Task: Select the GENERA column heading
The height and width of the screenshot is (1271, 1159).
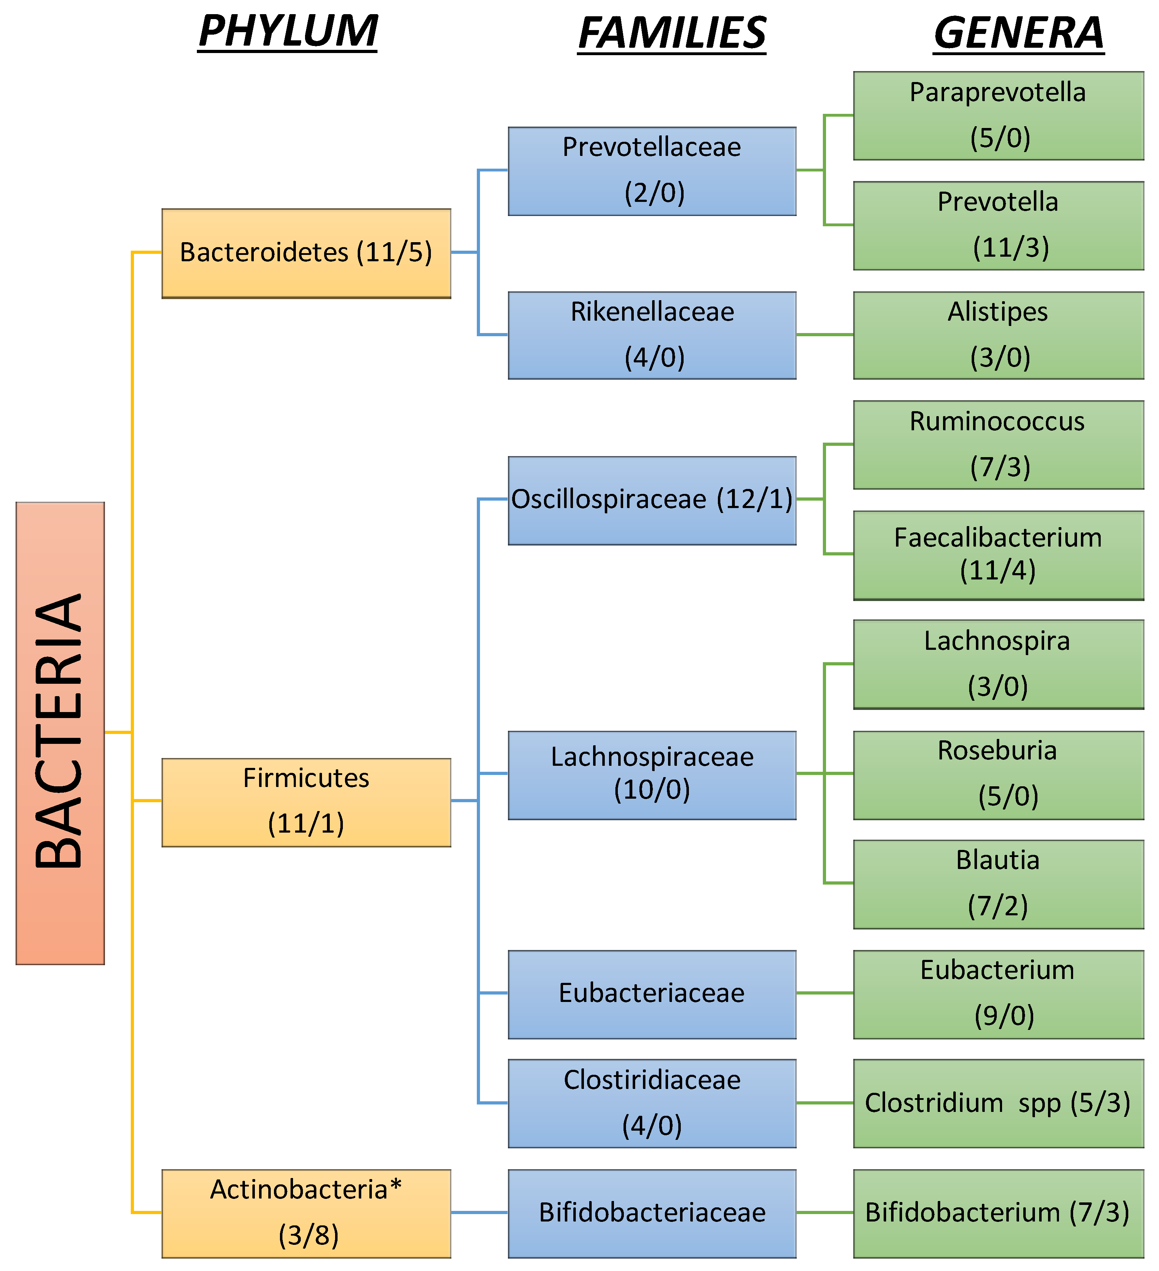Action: (1018, 33)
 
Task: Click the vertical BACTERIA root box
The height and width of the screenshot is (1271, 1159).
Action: (60, 733)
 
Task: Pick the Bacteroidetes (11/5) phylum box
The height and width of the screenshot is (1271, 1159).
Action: (306, 253)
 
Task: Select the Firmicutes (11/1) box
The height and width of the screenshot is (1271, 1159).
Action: (306, 802)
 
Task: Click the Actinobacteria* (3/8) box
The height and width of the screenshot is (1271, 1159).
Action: (306, 1213)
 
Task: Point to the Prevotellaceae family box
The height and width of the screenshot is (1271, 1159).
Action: (652, 171)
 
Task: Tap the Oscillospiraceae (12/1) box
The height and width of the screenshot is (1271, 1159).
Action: (652, 500)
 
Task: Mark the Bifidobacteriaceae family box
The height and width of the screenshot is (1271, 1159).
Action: (652, 1213)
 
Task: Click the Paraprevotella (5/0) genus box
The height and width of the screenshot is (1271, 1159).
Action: (998, 115)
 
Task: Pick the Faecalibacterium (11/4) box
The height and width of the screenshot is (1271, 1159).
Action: (998, 555)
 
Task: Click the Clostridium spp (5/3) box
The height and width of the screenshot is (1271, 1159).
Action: (998, 1103)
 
